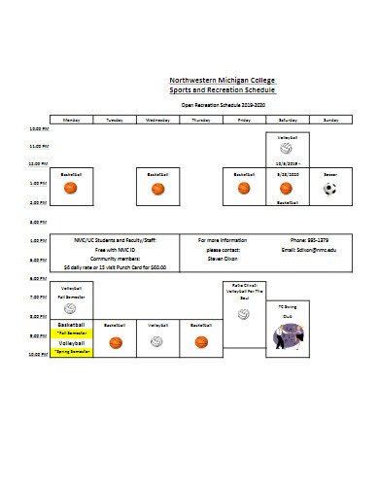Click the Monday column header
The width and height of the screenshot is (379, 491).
pyautogui.click(x=71, y=119)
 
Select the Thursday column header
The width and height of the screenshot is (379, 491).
pyautogui.click(x=201, y=119)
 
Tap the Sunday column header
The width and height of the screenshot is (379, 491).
pyautogui.click(x=330, y=119)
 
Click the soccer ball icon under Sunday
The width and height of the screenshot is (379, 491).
pyautogui.click(x=330, y=189)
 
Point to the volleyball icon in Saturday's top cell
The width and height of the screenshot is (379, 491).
pyautogui.click(x=288, y=152)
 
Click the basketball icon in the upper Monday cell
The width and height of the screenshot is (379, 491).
pyautogui.click(x=71, y=191)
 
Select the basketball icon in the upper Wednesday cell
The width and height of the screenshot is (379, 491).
pyautogui.click(x=157, y=191)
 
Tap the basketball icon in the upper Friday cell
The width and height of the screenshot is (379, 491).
pyautogui.click(x=244, y=191)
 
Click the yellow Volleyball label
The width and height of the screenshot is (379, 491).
pyautogui.click(x=71, y=343)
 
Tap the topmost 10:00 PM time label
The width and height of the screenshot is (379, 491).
pyautogui.click(x=38, y=128)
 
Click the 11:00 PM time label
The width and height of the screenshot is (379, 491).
pyautogui.click(x=38, y=146)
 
